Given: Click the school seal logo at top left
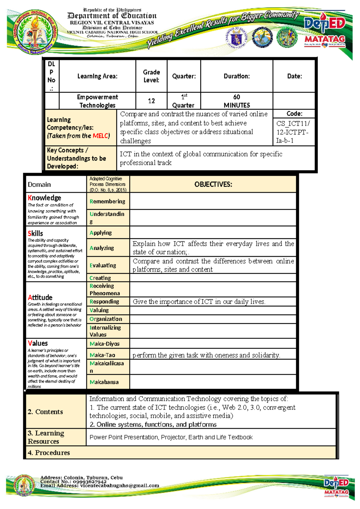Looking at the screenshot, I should coord(35,32).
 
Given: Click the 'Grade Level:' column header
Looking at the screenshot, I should coord(151,76).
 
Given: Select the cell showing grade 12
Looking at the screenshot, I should coord(151,101).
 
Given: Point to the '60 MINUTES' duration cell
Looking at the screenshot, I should coord(236,101).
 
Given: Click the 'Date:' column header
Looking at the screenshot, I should coord(294,76).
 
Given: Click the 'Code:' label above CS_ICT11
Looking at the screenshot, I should coord(294,114).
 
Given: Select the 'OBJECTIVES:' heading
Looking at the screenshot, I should coord(213,184).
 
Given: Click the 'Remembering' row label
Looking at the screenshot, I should coord(107,201).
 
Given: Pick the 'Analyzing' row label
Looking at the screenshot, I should coord(102,248).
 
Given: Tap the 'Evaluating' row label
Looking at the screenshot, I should coord(103,265).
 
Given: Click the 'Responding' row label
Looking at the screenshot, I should coord(104,302).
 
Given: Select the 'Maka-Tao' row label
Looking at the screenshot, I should coord(102,355).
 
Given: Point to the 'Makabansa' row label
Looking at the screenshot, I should coord(104,382).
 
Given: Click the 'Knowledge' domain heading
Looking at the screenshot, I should coord(44,198).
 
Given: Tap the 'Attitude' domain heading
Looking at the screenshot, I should coord(40,297).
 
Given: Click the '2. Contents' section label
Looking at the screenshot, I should coord(45,412).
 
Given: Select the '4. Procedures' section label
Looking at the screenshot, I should coord(49,453).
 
